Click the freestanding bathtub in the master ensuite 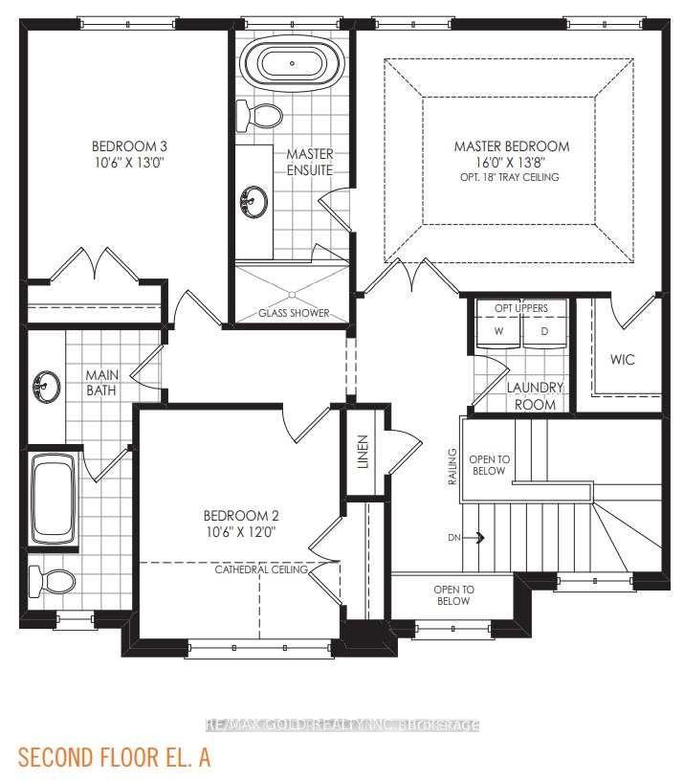coord(293,64)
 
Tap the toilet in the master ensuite coord(258,116)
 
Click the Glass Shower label coord(294,313)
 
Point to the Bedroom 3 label coord(129,146)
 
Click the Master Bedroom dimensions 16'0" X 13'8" coord(512,162)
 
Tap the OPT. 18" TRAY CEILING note coord(510,177)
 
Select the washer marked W coord(498,331)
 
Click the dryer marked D coord(544,331)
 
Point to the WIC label coord(623,359)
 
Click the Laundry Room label coord(535,396)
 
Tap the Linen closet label coord(364,452)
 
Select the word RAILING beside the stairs coord(452,467)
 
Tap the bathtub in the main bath coord(54,498)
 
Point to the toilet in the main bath coord(52,582)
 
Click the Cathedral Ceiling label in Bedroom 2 coord(261,569)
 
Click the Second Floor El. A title coord(115,757)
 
